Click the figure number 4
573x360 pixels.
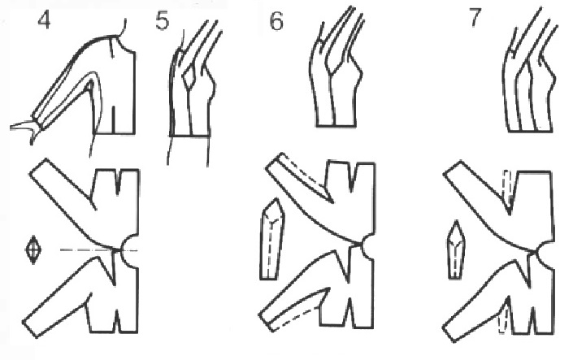point(44,20)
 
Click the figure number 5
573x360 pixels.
point(163,21)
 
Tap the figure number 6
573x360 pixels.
point(276,21)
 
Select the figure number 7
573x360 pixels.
point(475,18)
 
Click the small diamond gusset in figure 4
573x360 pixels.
point(33,250)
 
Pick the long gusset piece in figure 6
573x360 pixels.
point(272,240)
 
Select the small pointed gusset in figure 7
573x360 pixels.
point(455,249)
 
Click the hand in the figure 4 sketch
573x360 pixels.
point(25,128)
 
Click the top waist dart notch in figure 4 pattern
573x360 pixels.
point(118,181)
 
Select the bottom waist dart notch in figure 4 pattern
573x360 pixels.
point(116,322)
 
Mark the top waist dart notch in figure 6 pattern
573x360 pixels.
point(351,176)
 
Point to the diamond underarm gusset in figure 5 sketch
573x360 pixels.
point(189,76)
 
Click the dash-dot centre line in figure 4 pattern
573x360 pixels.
point(99,250)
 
